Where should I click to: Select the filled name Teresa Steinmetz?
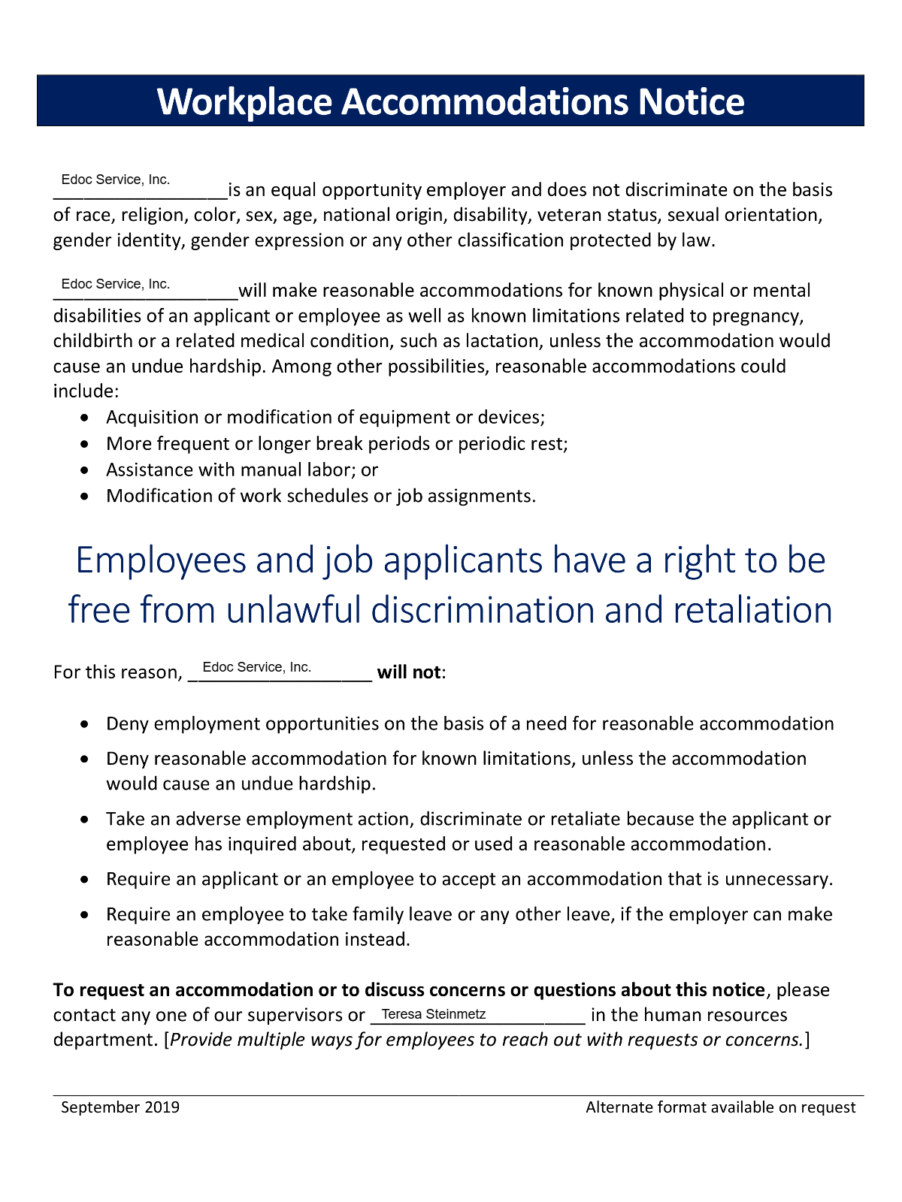click(434, 1014)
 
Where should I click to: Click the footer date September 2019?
click(120, 1107)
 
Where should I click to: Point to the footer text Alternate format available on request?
click(720, 1107)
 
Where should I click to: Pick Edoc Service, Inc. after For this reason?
click(257, 667)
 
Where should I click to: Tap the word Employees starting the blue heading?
click(161, 560)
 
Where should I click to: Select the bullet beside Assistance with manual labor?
click(88, 470)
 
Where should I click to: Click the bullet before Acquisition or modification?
click(88, 418)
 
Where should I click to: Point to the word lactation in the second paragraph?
click(502, 341)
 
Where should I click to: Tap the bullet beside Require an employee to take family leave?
click(88, 915)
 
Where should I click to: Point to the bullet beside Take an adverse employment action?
click(88, 820)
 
